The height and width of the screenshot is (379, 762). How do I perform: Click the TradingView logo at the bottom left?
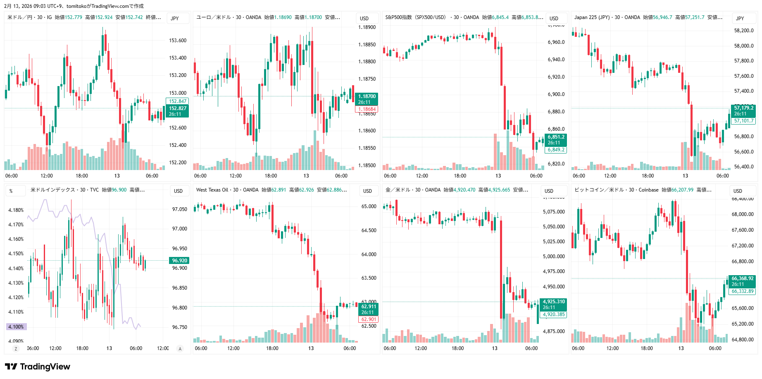point(37,367)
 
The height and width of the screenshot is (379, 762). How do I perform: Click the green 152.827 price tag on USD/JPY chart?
point(178,108)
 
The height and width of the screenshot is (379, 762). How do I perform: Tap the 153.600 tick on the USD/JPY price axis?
point(178,41)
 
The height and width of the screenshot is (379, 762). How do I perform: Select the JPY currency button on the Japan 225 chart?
point(740,18)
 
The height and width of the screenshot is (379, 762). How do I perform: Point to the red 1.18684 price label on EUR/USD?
point(367,110)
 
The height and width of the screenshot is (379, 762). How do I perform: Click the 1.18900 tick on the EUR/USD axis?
point(367,27)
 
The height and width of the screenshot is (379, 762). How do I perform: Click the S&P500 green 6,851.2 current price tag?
point(556,137)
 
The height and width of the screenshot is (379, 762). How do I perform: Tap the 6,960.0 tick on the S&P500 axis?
point(556,42)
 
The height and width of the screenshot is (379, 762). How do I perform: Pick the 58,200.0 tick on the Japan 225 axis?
point(743,31)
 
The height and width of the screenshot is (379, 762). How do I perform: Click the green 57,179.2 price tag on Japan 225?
point(743,108)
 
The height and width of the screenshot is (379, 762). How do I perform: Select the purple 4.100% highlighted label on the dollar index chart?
point(16,327)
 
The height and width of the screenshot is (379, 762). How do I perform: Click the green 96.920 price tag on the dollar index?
point(179,261)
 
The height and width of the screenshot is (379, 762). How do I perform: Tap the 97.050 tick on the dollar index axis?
point(179,209)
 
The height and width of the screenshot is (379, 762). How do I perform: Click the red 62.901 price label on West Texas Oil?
point(369,319)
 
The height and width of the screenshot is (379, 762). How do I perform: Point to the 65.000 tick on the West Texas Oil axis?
point(369,206)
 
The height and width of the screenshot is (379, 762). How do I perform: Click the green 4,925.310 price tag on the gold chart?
point(553,302)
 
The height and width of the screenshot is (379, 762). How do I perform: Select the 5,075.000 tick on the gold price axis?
point(553,212)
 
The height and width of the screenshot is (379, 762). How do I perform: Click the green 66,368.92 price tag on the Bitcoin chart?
point(742,278)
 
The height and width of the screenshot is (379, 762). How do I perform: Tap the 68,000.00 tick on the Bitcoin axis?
point(742,214)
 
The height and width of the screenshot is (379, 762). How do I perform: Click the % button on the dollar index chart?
point(11,191)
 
